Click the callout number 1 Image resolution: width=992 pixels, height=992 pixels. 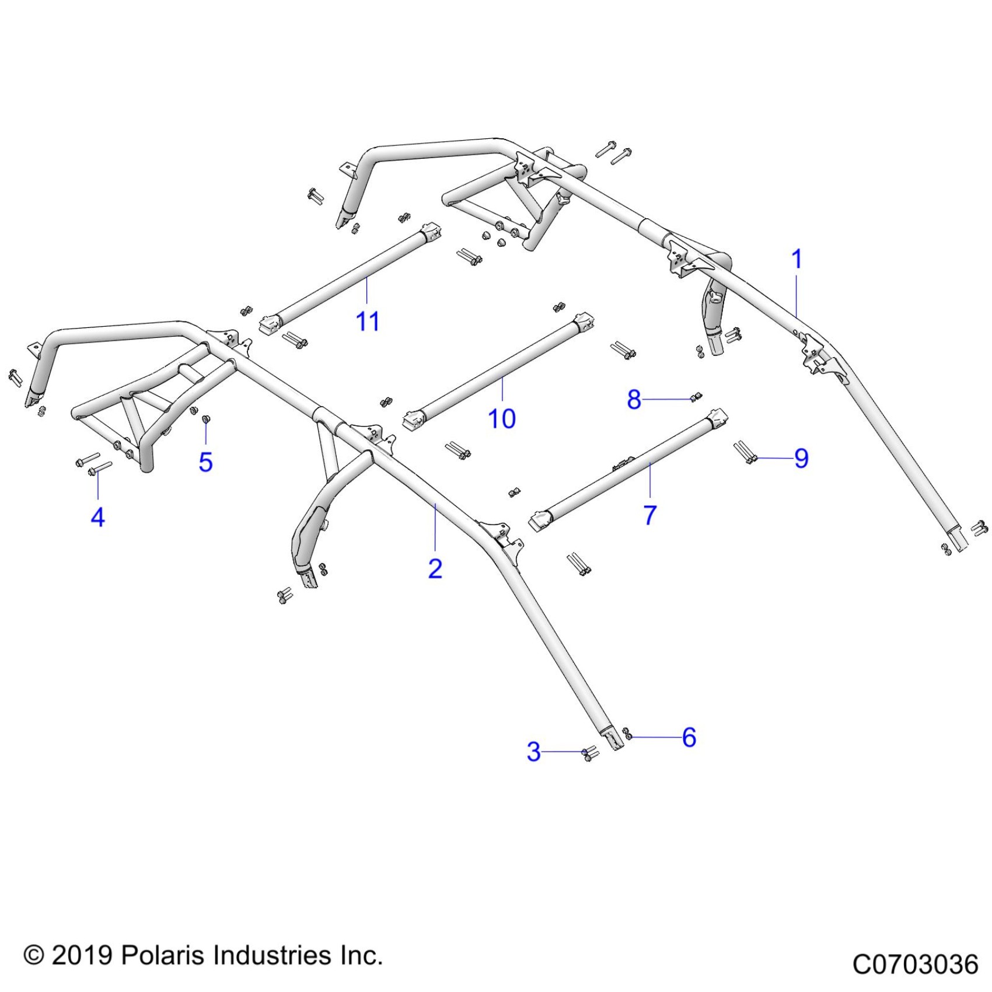tap(797, 259)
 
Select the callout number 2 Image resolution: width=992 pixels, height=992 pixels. tap(435, 568)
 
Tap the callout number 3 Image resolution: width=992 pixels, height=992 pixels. tap(533, 752)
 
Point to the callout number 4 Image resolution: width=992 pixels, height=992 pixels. tap(97, 517)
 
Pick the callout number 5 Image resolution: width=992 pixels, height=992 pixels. tap(205, 462)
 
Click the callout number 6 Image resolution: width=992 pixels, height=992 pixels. tap(689, 738)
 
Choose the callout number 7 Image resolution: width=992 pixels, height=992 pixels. tap(650, 515)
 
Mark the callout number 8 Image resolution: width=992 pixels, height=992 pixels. tap(634, 400)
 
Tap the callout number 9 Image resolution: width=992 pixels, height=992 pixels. tap(801, 459)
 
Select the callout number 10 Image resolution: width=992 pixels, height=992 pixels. tap(502, 418)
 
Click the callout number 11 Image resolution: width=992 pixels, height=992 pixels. tap(368, 322)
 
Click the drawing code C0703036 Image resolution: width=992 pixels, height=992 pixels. tap(915, 965)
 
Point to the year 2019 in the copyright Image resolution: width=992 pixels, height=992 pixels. tap(82, 956)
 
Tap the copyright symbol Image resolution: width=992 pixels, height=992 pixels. tap(34, 956)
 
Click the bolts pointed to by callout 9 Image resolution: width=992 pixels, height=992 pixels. tap(743, 452)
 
